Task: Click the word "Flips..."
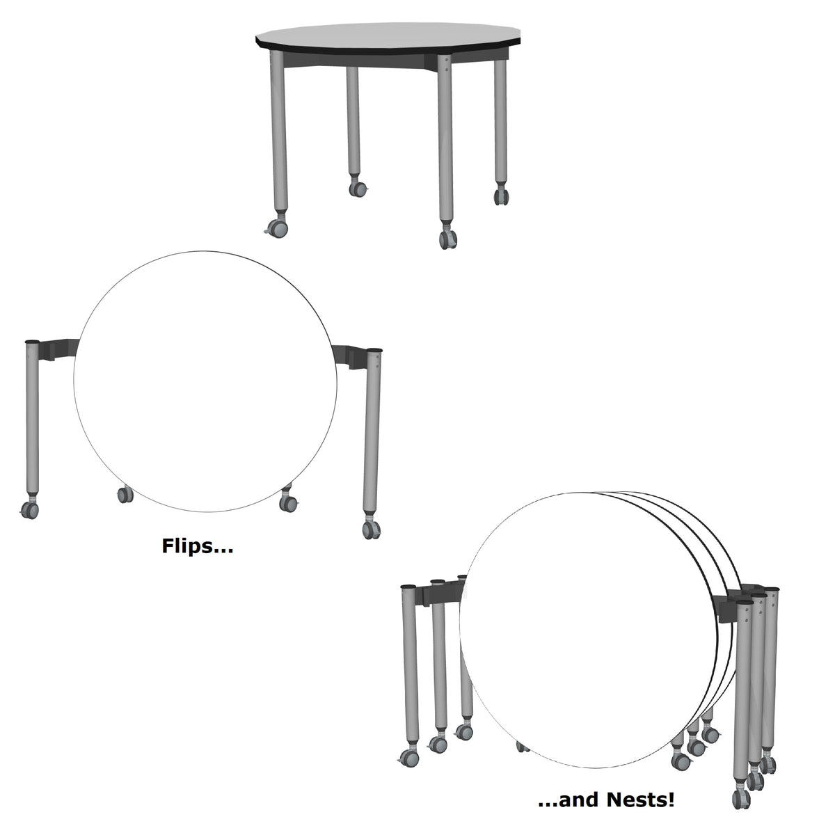click(197, 546)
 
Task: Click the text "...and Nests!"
click(606, 800)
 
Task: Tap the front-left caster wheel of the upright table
click(276, 228)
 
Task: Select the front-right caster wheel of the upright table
click(447, 238)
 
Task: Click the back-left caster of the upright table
click(358, 187)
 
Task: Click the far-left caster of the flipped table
click(30, 511)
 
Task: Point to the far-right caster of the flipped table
click(372, 529)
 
